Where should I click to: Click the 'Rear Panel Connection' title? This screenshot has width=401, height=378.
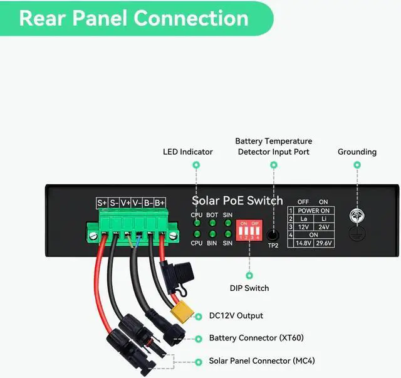point(133,18)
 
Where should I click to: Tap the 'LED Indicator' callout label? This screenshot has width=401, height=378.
point(188,152)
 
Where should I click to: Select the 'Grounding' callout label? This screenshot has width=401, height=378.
point(357,152)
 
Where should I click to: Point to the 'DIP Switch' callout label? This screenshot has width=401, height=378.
point(249,288)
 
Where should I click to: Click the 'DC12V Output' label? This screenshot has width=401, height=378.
point(236,316)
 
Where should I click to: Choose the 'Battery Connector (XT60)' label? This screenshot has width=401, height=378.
point(256,338)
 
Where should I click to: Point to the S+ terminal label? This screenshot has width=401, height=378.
point(102,202)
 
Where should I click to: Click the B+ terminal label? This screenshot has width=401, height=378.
point(160,202)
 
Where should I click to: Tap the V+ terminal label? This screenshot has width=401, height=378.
point(125,202)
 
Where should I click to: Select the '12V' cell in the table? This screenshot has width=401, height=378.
point(304,227)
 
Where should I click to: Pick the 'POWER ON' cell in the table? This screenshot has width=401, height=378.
point(314,211)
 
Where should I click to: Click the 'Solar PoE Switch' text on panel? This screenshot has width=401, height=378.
point(237,201)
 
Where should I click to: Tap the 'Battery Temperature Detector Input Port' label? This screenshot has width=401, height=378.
point(273,147)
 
